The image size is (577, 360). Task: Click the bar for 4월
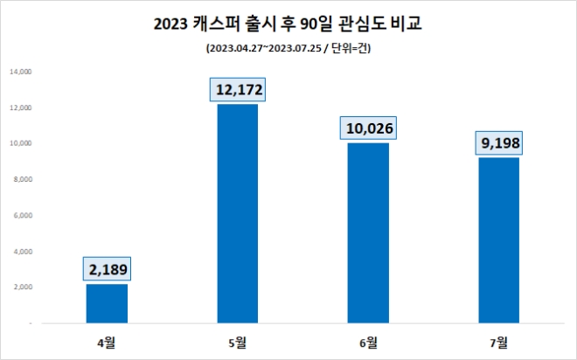(107, 303)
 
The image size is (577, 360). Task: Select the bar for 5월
(237, 214)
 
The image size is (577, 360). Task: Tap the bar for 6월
(368, 233)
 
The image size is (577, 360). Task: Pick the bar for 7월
(499, 240)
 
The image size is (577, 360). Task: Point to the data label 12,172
(237, 90)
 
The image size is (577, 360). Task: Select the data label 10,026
(368, 129)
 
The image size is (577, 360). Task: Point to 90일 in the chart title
(307, 24)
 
